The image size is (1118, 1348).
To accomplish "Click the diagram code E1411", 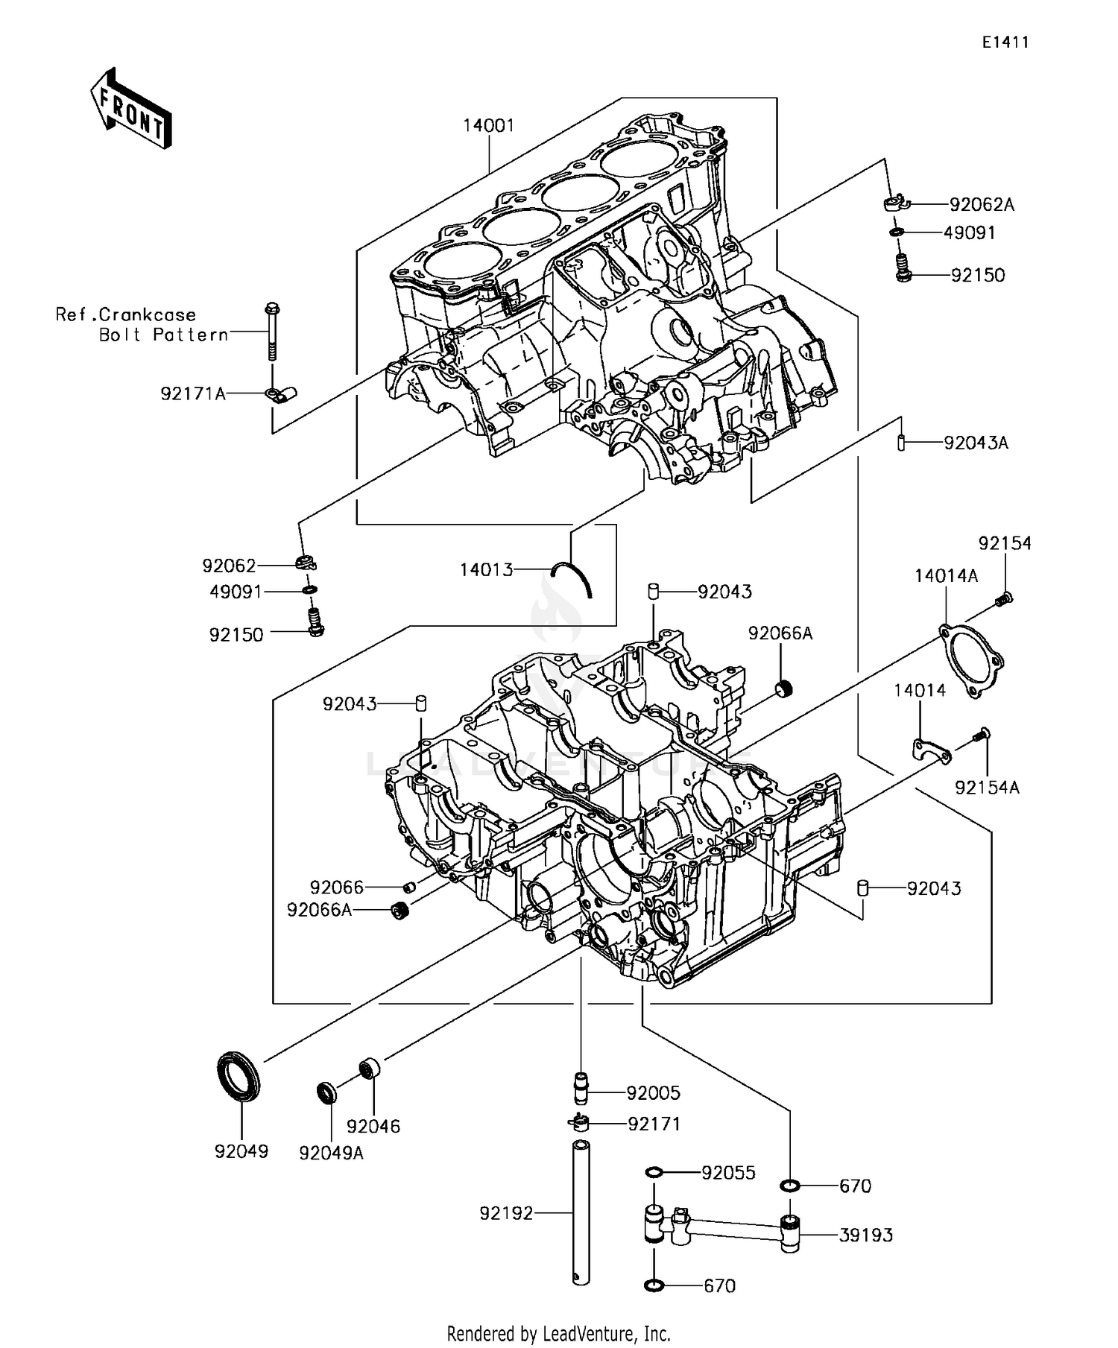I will tap(1005, 42).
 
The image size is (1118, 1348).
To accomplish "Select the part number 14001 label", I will tap(488, 125).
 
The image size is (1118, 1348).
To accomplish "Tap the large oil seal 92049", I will tap(239, 1075).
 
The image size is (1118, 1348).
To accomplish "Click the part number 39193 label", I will tap(866, 1235).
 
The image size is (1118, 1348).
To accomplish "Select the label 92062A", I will tap(982, 205).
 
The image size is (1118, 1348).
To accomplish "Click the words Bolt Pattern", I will tap(164, 335).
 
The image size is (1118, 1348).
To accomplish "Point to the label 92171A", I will tap(193, 393).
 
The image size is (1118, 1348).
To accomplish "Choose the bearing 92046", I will tap(370, 1068).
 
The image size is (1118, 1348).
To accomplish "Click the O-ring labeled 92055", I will tap(654, 1174).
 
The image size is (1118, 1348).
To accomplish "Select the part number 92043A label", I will tap(976, 443).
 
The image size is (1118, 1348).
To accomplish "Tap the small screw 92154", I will tap(1003, 598).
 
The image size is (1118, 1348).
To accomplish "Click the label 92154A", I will tap(987, 787).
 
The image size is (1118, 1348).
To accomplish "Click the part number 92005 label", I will tap(653, 1093).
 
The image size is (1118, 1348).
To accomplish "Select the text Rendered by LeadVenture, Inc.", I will tap(558, 1333).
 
